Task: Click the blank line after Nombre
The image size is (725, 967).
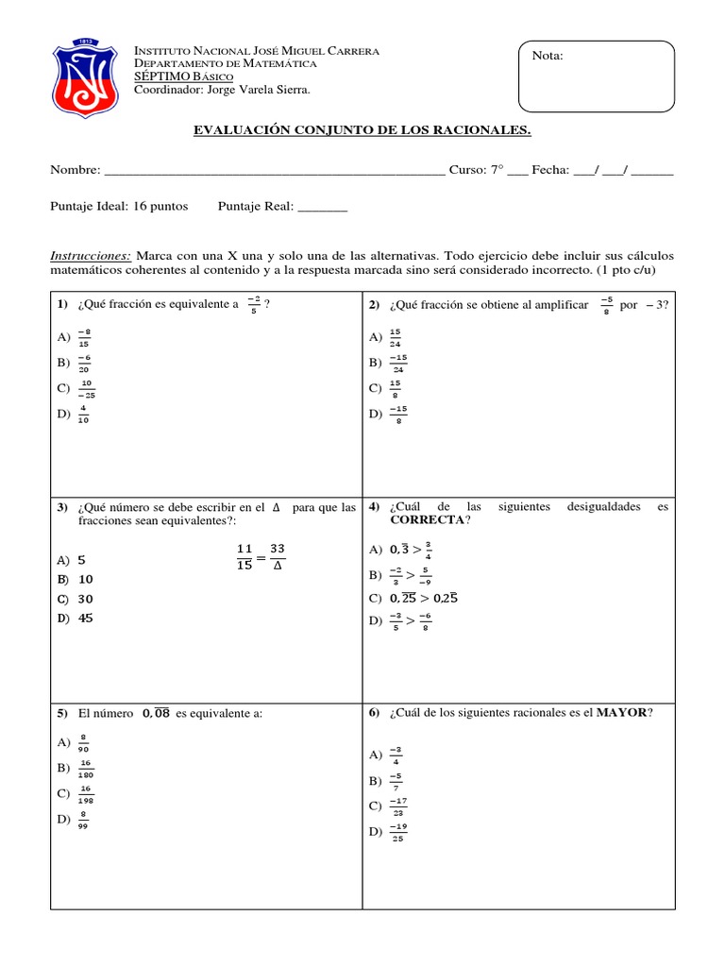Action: [x=274, y=170]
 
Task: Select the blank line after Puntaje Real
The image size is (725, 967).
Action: [x=323, y=206]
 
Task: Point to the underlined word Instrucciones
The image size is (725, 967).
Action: [x=90, y=256]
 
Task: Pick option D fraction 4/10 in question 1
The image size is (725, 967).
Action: [x=84, y=414]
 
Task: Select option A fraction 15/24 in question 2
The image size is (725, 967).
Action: [x=395, y=337]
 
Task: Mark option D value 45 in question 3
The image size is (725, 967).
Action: [x=86, y=619]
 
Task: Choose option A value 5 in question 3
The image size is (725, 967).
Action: [x=81, y=559]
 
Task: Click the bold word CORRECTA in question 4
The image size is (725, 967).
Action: [x=427, y=519]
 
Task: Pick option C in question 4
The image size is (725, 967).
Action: [x=423, y=598]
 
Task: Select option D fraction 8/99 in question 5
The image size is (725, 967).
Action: [x=84, y=819]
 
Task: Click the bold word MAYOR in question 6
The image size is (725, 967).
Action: [x=622, y=713]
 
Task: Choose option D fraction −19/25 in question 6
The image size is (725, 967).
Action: [x=396, y=832]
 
